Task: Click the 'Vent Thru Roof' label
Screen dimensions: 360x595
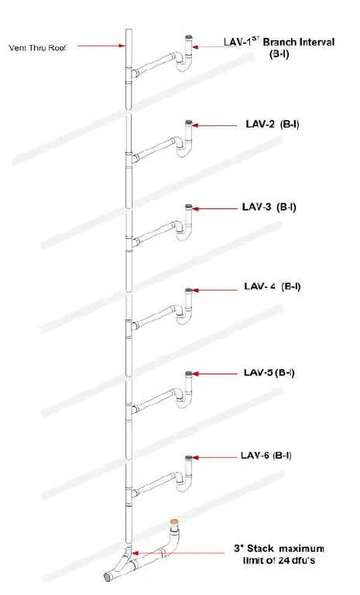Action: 37,48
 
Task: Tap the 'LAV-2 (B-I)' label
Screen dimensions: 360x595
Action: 272,124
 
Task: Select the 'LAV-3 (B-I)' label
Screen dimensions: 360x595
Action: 269,207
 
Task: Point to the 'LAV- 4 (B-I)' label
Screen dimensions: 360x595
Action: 273,286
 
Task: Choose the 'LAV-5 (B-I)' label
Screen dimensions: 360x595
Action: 269,373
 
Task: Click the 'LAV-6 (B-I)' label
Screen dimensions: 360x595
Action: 266,455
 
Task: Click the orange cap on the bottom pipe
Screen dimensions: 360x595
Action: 174,522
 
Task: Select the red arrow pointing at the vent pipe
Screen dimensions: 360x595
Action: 101,46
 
